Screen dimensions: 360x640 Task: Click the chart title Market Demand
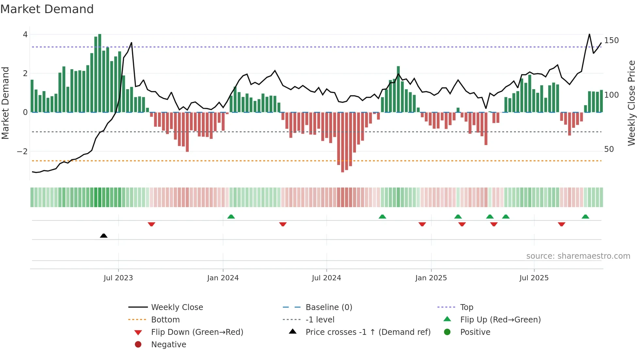pos(47,9)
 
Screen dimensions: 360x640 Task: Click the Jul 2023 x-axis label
pos(118,278)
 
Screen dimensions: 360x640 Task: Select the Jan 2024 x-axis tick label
pos(223,278)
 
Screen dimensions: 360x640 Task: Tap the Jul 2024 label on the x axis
pos(326,278)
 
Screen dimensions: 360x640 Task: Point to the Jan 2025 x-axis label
pos(431,278)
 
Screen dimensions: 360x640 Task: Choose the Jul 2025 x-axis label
pos(534,278)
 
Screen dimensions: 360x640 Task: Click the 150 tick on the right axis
pos(611,41)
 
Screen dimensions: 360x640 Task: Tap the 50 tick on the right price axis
pos(609,149)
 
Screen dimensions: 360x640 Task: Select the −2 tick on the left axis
pos(22,151)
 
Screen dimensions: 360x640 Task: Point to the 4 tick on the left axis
pos(25,35)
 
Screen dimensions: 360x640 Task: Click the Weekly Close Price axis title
pos(632,103)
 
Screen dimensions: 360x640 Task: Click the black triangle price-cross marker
pos(104,236)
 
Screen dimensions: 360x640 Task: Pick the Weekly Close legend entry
pos(177,307)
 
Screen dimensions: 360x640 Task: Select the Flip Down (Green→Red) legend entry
pos(197,332)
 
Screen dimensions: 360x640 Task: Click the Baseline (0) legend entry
pos(328,307)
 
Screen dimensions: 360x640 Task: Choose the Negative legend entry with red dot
pos(168,345)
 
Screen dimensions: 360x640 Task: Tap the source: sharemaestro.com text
pos(578,256)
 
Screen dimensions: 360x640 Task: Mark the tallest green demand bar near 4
pos(100,74)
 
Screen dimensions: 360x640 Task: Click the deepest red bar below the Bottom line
pos(343,142)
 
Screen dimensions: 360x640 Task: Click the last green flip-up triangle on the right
pos(585,217)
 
